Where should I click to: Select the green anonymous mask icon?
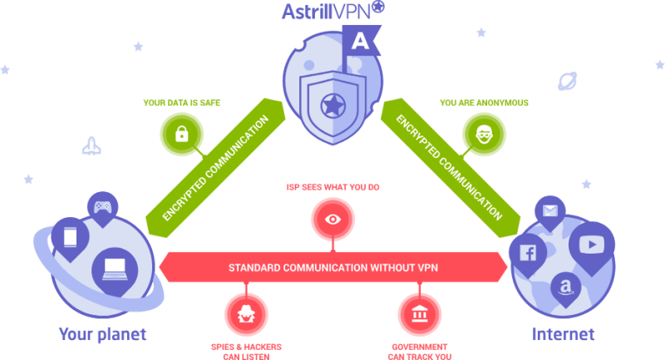483,132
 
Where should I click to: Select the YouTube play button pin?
591,244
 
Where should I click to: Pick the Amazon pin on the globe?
566,288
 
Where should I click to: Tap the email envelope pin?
549,211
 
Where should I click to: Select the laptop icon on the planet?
115,268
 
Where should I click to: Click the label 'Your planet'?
102,334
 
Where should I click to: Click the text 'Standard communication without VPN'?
332,268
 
